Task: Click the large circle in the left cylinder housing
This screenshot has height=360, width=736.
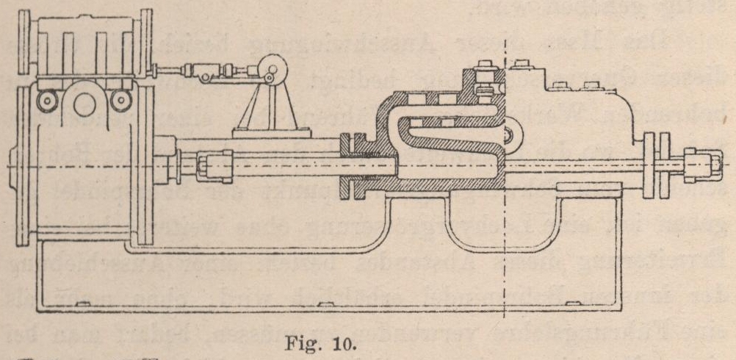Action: click(x=84, y=105)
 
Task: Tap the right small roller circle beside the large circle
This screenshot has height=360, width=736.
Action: click(x=120, y=98)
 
